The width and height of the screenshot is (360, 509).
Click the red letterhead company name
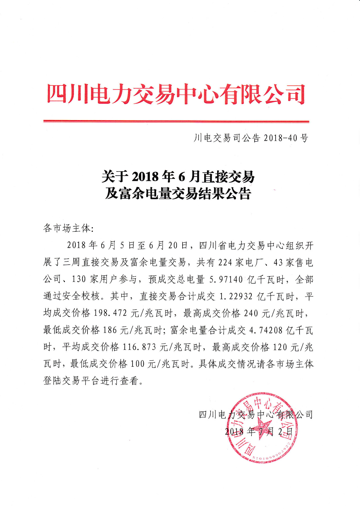pos(176,94)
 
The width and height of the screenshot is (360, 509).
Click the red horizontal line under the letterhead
pos(176,121)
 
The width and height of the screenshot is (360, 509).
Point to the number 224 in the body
pos(225,262)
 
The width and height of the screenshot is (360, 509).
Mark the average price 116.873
pos(139,347)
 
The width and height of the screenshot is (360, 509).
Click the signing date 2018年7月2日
pos(259,431)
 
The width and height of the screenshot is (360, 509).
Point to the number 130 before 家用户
pos(79,279)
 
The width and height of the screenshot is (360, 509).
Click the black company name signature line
pos(256,415)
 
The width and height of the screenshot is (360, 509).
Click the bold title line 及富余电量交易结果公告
pos(178,194)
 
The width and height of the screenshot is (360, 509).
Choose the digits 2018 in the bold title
pos(145,177)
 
